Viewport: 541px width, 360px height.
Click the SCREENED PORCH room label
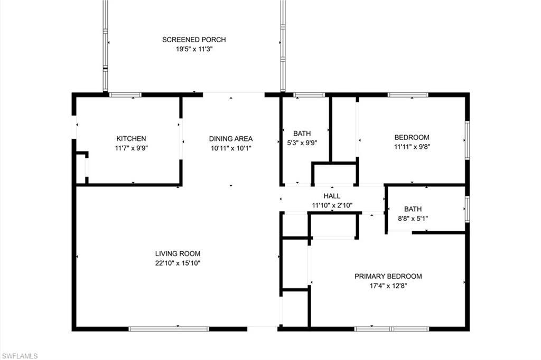(x=194, y=40)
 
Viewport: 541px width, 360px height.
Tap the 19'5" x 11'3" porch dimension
(x=194, y=49)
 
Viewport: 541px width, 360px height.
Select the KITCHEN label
(x=131, y=139)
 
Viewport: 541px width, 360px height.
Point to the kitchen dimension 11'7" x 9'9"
(x=131, y=148)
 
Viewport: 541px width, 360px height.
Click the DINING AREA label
(x=231, y=139)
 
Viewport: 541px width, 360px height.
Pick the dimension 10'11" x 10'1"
(x=231, y=148)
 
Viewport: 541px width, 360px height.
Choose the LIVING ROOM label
(x=178, y=254)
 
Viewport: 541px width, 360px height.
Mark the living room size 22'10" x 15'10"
(x=178, y=263)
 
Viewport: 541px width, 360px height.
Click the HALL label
(x=332, y=196)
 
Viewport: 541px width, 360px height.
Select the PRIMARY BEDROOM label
(x=388, y=276)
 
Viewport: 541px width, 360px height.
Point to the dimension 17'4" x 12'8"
(x=388, y=286)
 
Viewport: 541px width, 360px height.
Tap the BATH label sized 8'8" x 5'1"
(x=413, y=209)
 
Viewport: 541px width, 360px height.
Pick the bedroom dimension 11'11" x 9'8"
(x=412, y=147)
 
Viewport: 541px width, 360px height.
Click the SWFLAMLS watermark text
(x=20, y=356)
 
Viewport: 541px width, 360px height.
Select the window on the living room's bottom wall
(x=169, y=329)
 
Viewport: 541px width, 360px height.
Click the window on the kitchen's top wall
(x=125, y=95)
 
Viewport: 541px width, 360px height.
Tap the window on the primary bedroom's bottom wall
(x=391, y=329)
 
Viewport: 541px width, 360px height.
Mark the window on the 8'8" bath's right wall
(x=467, y=208)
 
